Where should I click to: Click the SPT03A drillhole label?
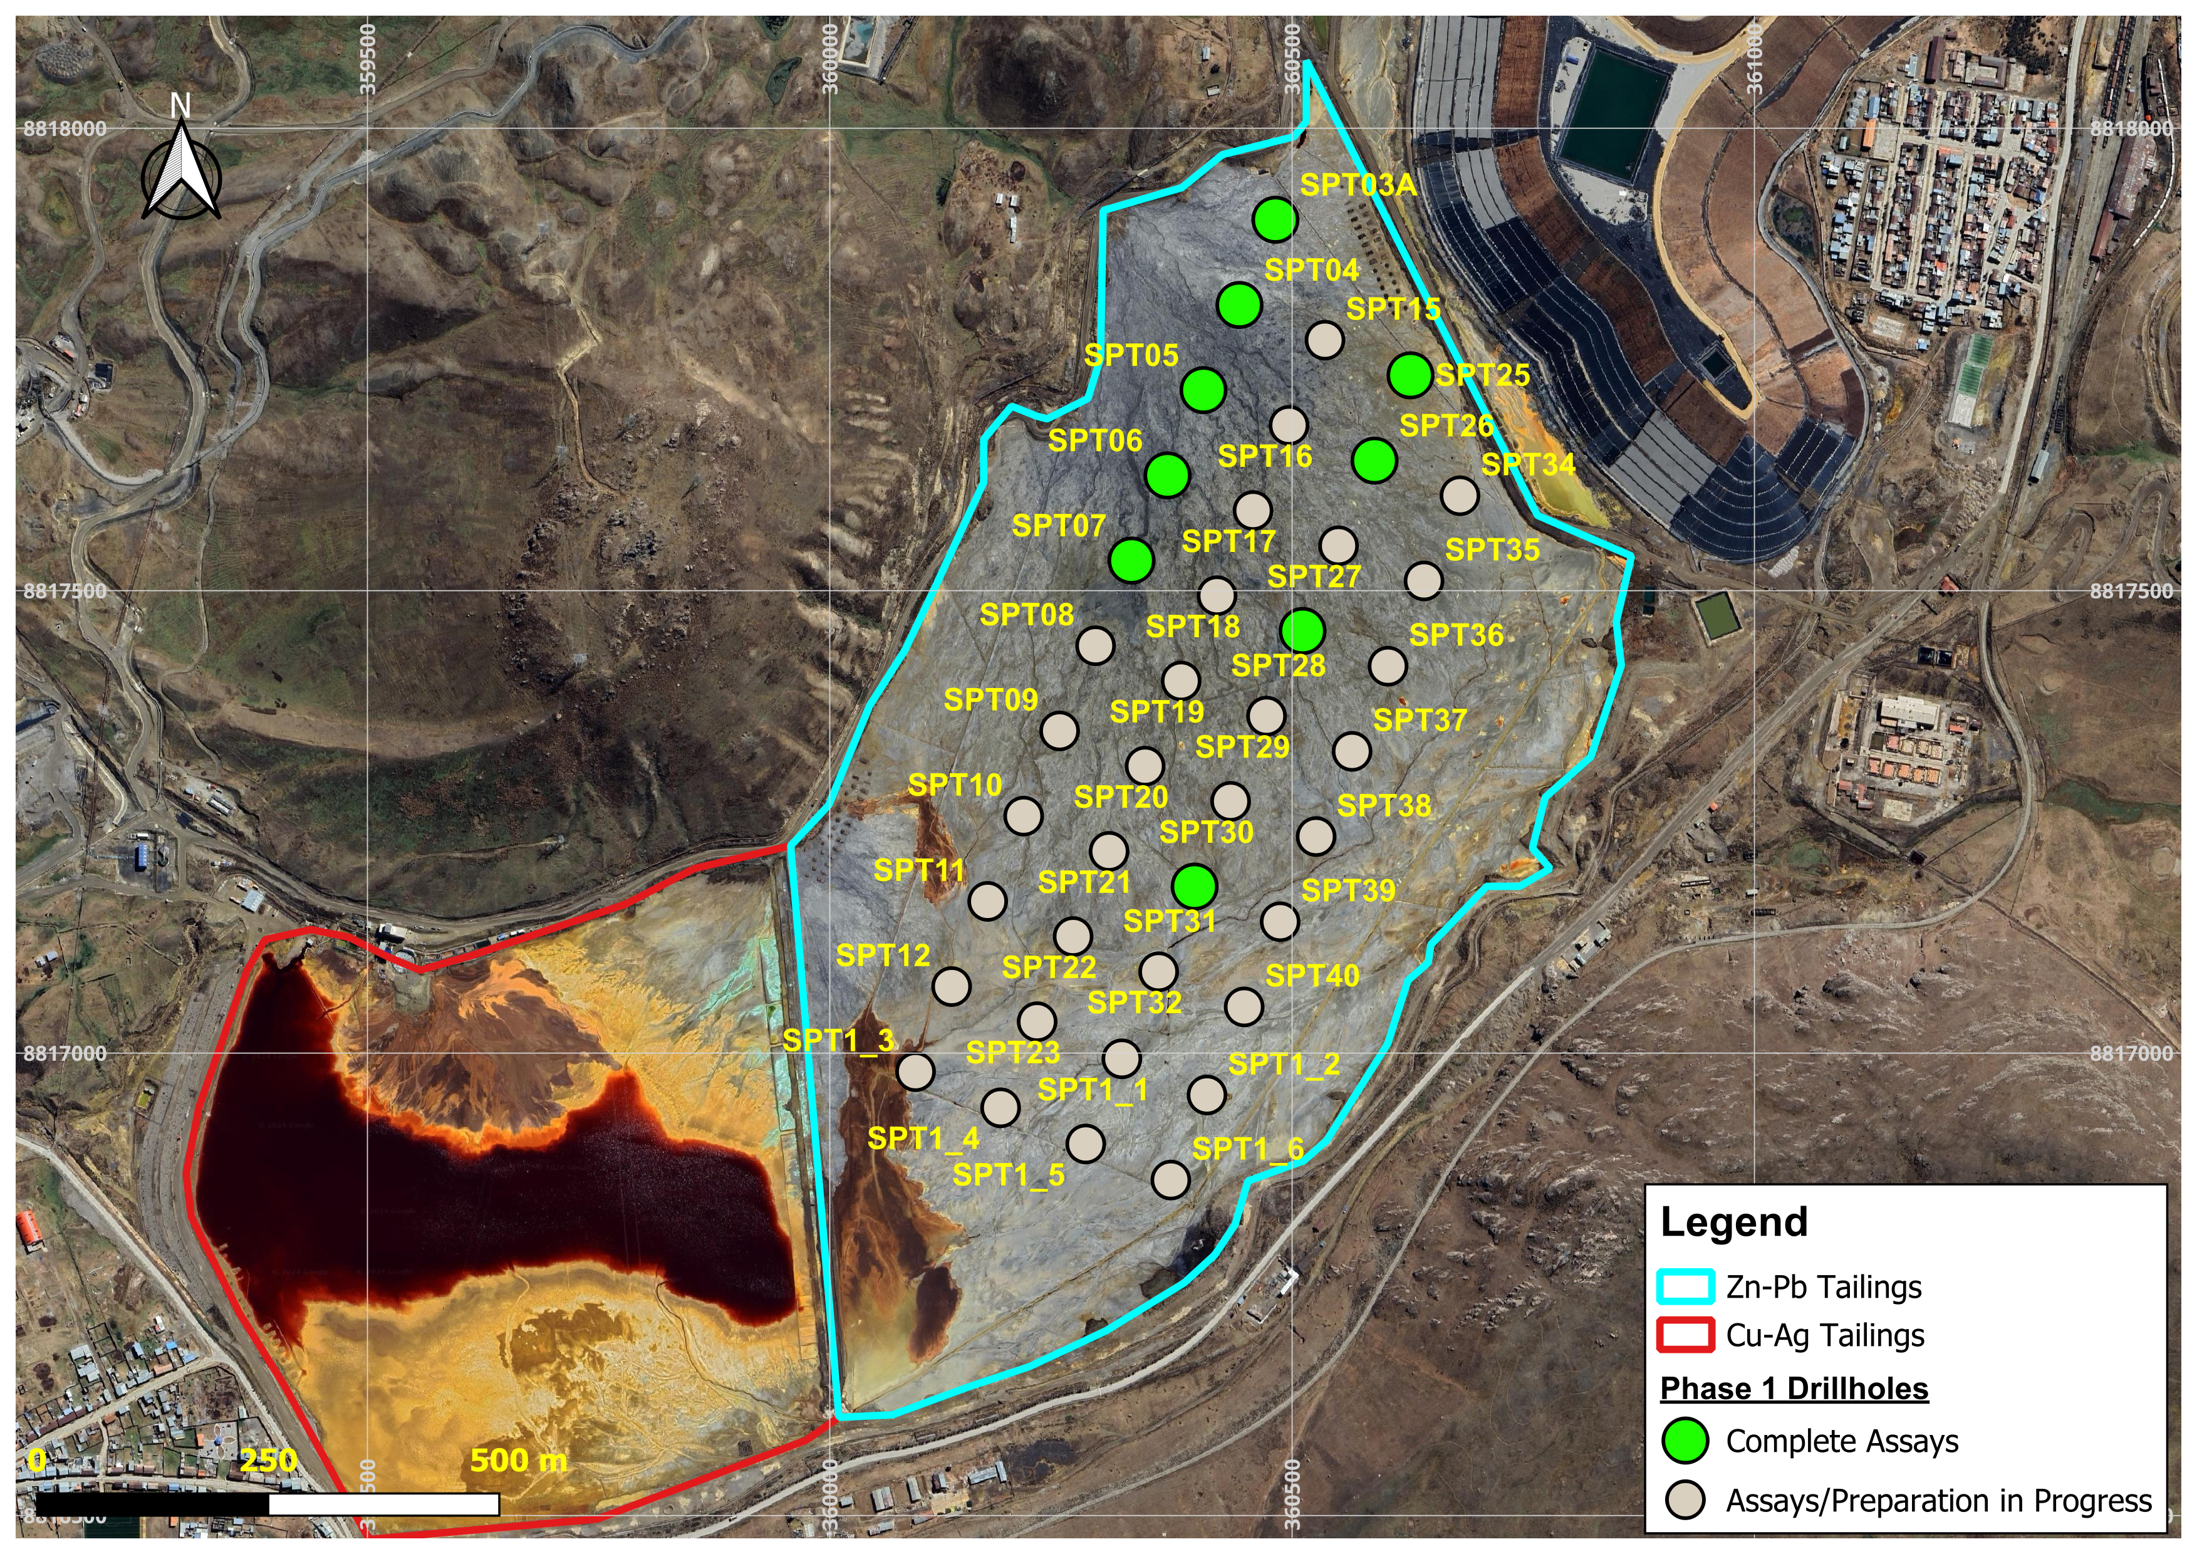tap(1357, 185)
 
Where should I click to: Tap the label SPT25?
tap(1482, 375)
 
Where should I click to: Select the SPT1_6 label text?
tap(1248, 1149)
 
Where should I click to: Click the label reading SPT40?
tap(1312, 976)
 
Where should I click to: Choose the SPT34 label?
tap(1527, 465)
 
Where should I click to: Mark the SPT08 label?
tap(1026, 615)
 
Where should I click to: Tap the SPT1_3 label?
tap(838, 1041)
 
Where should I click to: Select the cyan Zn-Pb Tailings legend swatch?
tap(1685, 1287)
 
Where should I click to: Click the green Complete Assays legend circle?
tap(1685, 1441)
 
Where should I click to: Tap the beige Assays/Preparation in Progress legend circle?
tap(1685, 1500)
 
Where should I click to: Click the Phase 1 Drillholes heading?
tap(1794, 1389)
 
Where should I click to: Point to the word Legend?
tap(1734, 1223)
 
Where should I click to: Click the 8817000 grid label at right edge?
tap(2131, 1053)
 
